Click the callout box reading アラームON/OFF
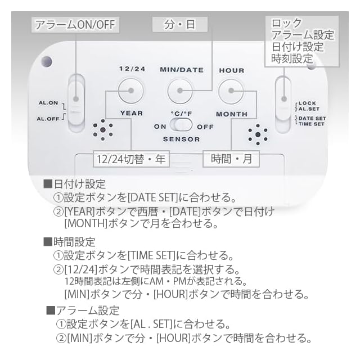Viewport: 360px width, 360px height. pos(75,25)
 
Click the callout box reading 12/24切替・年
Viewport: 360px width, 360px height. pos(131,159)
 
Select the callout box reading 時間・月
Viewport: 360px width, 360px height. pos(231,159)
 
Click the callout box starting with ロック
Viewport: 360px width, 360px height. pos(302,40)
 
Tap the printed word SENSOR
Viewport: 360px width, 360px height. pos(182,138)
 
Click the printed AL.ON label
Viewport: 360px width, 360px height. pos(48,103)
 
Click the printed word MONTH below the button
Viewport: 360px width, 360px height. pos(231,114)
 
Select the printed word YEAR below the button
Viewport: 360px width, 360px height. pos(131,113)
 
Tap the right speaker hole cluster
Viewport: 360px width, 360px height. pos(258,134)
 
